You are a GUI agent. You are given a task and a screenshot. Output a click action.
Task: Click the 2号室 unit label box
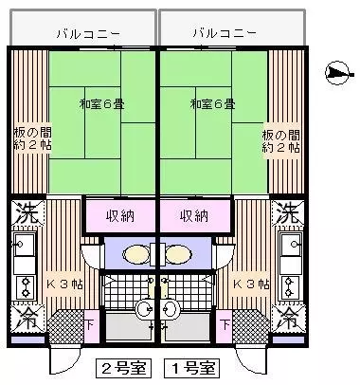click(x=124, y=368)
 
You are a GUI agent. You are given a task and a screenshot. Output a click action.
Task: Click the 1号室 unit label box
click(x=192, y=368)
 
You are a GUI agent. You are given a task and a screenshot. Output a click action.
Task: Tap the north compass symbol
click(x=338, y=73)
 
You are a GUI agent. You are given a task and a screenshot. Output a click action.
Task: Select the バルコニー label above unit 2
click(x=88, y=33)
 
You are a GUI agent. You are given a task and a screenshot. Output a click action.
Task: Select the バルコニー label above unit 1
click(x=225, y=33)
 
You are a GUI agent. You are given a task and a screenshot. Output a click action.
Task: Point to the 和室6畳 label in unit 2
click(x=101, y=104)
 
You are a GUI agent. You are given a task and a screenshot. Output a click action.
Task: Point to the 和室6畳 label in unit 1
click(x=212, y=104)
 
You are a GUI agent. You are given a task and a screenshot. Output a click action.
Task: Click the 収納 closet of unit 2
click(x=120, y=216)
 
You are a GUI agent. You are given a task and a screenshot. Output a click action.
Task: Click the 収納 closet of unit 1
click(x=195, y=216)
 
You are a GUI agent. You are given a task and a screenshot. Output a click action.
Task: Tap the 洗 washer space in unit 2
click(x=27, y=213)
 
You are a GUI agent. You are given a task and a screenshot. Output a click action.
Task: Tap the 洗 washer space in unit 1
click(x=288, y=213)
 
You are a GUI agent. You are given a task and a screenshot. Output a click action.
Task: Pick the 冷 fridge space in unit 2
click(x=27, y=319)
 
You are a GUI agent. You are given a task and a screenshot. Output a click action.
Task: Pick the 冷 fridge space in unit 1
click(x=288, y=319)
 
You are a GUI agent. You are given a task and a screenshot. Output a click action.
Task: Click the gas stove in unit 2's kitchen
click(x=25, y=287)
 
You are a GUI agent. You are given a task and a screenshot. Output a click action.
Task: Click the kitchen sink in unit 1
click(x=292, y=245)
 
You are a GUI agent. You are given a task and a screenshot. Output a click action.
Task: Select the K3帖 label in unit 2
click(x=64, y=284)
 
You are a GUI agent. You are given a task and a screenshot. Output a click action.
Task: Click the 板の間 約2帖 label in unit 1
click(x=280, y=141)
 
